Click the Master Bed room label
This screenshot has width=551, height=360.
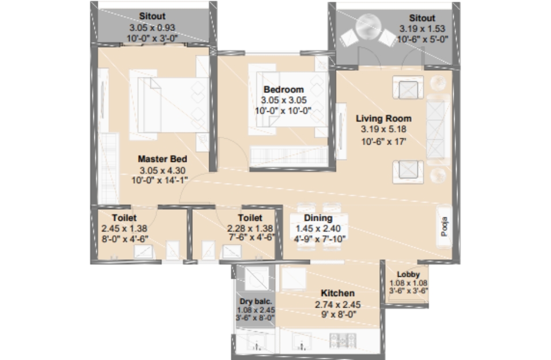tap(162, 159)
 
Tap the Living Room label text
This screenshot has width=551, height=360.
tap(383, 119)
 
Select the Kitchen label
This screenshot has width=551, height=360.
tap(338, 293)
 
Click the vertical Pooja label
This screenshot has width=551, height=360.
tap(444, 226)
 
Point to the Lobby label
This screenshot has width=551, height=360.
tap(408, 274)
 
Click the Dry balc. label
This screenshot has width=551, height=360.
tap(256, 301)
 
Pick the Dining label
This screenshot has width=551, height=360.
tap(318, 218)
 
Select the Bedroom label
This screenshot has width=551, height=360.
tap(284, 90)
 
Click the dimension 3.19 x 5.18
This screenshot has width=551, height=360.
tap(383, 130)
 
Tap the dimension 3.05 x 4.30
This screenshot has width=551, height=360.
tap(162, 170)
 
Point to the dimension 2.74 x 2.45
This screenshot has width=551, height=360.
tap(338, 305)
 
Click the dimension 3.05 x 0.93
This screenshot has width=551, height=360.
tap(152, 28)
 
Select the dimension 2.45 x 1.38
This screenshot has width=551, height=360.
tap(124, 229)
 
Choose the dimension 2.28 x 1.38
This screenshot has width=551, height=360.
tap(250, 229)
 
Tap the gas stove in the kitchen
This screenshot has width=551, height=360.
tap(343, 340)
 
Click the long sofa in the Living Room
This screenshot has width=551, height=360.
tap(438, 130)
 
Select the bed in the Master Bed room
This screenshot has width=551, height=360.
tap(169, 105)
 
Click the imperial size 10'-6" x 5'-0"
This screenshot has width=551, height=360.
tap(423, 39)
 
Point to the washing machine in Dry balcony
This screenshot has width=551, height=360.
tap(257, 278)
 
